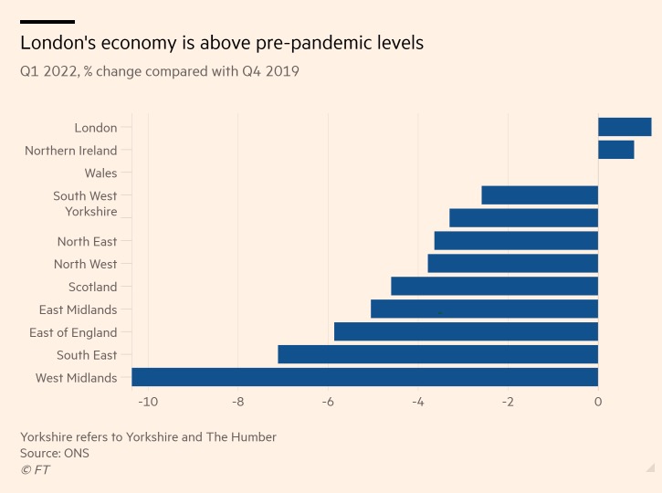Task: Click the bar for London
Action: (625, 127)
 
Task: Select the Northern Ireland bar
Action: (615, 150)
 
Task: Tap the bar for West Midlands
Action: (364, 377)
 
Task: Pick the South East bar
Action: (437, 354)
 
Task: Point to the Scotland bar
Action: (494, 286)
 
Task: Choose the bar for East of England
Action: (466, 331)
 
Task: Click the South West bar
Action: (540, 195)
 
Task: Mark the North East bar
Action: (516, 241)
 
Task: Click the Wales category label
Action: (100, 173)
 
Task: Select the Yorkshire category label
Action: (91, 212)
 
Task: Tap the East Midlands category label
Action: (78, 309)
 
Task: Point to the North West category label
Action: (85, 264)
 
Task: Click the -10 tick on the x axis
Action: (147, 402)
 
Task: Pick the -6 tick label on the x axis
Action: (328, 402)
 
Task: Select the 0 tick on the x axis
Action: (598, 402)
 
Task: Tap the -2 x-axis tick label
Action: (508, 402)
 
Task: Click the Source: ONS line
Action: (55, 453)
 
